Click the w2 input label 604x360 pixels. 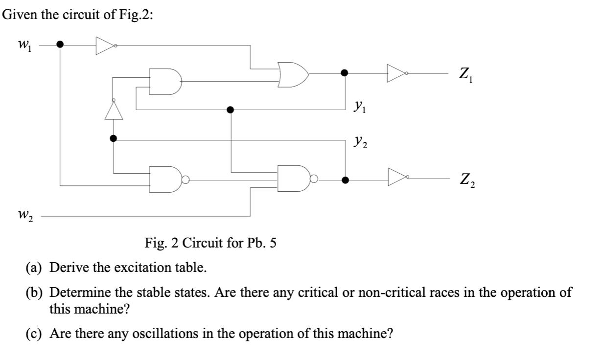pyautogui.click(x=23, y=215)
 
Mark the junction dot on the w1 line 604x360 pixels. pyautogui.click(x=60, y=45)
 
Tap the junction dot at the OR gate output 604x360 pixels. pyautogui.click(x=345, y=73)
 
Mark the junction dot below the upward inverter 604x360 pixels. pyautogui.click(x=113, y=138)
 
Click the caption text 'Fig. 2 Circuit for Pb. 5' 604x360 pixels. pyautogui.click(x=210, y=243)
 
